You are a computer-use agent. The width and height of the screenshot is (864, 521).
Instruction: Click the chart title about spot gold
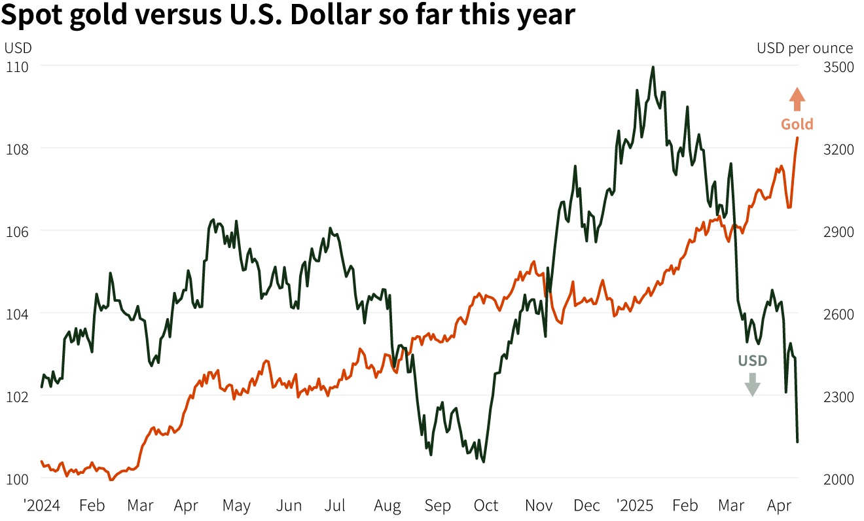click(288, 16)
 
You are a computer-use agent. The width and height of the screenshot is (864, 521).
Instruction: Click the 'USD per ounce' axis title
click(804, 48)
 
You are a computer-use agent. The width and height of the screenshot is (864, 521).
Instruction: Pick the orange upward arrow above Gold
click(797, 99)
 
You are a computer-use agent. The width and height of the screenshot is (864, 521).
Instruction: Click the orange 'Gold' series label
click(797, 124)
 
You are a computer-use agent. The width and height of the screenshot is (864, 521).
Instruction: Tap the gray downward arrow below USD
click(753, 384)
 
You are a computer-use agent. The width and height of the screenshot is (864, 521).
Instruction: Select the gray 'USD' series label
click(753, 361)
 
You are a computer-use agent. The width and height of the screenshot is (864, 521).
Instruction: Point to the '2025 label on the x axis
click(635, 506)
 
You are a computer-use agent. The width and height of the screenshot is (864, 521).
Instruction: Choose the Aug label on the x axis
click(387, 506)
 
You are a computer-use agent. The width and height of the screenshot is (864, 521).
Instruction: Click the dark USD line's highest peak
click(653, 67)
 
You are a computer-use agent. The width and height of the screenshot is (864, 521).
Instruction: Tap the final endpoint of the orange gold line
click(797, 137)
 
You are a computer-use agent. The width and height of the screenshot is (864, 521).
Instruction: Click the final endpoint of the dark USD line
click(797, 442)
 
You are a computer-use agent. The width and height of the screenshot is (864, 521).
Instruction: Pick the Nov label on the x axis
click(539, 506)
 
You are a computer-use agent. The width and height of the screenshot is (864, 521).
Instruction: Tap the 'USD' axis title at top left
click(18, 48)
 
